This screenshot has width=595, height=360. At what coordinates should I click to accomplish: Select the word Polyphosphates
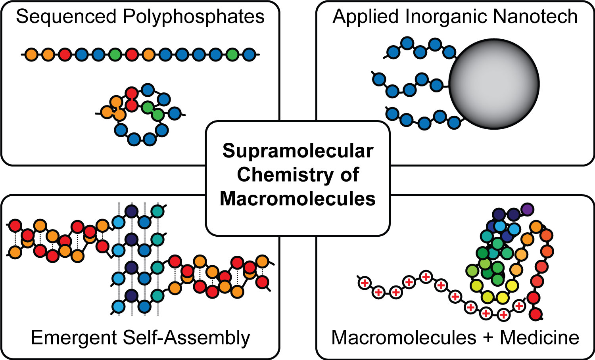point(194,17)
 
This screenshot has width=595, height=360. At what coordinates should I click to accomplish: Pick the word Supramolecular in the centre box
point(298,151)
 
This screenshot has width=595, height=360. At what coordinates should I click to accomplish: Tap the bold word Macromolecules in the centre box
point(298,199)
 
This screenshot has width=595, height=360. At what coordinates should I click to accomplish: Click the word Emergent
point(74,338)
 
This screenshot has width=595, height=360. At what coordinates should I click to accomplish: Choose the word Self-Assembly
point(186,338)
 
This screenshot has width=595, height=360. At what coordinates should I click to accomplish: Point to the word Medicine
point(539,338)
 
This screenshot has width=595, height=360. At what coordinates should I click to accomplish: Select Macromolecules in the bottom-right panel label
point(404,338)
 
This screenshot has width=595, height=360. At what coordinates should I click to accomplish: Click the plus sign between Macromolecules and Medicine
point(488,338)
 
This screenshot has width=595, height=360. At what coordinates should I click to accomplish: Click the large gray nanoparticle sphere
point(494,84)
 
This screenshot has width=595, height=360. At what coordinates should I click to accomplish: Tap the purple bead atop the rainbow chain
point(527,209)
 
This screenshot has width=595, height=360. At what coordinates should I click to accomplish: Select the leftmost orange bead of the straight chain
point(31,54)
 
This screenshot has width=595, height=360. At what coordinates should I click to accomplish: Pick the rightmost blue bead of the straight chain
point(249,54)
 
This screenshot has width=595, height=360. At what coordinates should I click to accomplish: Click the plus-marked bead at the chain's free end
point(364,283)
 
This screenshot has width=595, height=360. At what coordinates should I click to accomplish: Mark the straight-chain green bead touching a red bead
point(115,54)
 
